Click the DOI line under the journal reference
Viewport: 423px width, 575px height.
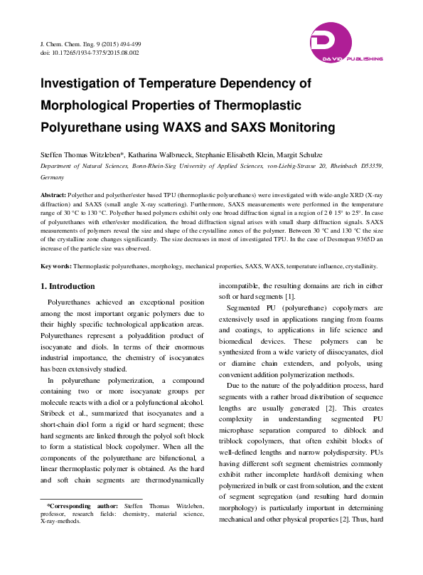click(90, 53)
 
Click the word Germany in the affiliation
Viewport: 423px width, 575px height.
click(53, 177)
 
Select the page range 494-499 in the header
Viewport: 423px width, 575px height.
click(126, 45)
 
